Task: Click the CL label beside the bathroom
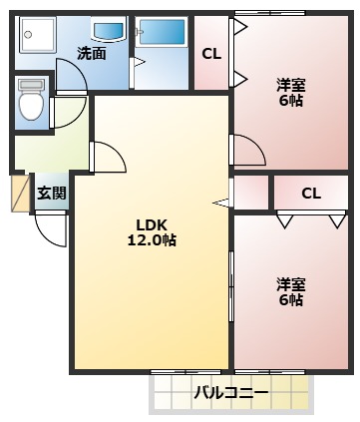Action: tap(210, 54)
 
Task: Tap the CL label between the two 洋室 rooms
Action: tap(310, 193)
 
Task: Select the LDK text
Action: tap(152, 223)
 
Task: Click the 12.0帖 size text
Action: tap(152, 240)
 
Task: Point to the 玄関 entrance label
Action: tap(51, 194)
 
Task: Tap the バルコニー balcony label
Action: tap(230, 393)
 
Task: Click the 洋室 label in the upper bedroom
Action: tap(290, 84)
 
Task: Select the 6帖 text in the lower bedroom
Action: tap(290, 300)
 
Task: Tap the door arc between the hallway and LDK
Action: tap(107, 158)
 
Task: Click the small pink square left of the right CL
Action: tap(251, 193)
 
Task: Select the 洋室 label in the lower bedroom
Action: tap(290, 283)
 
